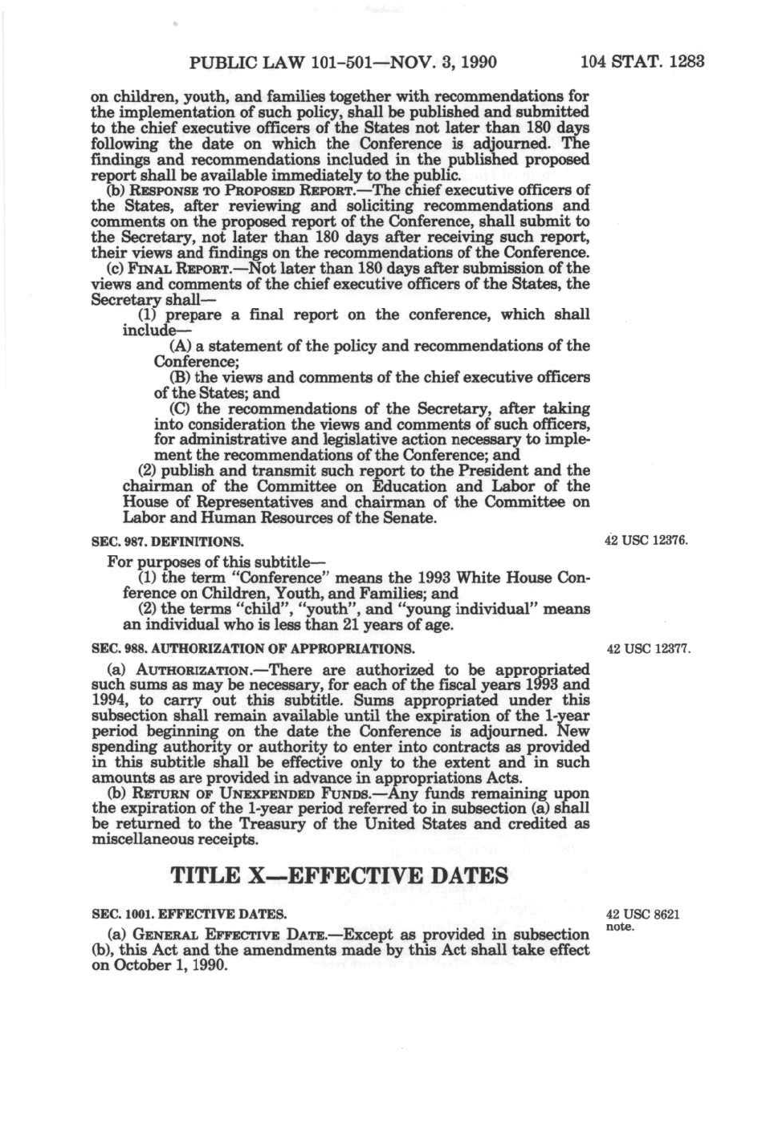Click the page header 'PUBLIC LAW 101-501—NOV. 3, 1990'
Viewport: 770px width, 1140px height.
click(343, 62)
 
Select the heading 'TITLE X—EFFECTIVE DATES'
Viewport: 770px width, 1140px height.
click(340, 875)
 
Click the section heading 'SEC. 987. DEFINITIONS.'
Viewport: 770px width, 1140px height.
click(167, 542)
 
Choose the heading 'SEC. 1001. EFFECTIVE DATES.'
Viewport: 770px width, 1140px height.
click(189, 914)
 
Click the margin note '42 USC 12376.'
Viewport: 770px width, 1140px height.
click(646, 541)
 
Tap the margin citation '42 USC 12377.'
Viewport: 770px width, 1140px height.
click(648, 648)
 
